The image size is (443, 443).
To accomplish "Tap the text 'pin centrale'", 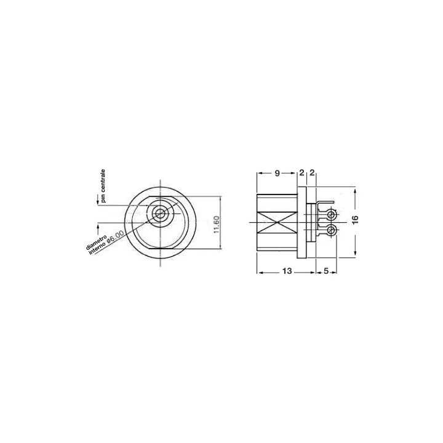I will pyautogui.click(x=104, y=185).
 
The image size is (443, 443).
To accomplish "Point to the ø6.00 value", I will pyautogui.click(x=116, y=237).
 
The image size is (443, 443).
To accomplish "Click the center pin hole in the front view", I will pyautogui.click(x=160, y=214).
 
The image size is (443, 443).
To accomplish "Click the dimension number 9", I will pyautogui.click(x=277, y=173).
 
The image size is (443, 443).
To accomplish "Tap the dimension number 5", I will pyautogui.click(x=325, y=271).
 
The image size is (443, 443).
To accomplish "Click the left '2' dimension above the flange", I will pyautogui.click(x=301, y=173).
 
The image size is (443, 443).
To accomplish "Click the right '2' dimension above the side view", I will pyautogui.click(x=312, y=173).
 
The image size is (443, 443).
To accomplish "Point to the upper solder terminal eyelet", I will pyautogui.click(x=332, y=214).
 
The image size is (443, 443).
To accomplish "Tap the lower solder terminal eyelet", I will pyautogui.click(x=332, y=230).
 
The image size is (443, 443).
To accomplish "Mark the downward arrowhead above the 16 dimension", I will pyautogui.click(x=356, y=190).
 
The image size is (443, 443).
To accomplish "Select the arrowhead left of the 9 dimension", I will pyautogui.click(x=258, y=174).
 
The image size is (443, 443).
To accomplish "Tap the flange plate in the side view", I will pyautogui.click(x=302, y=221).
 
